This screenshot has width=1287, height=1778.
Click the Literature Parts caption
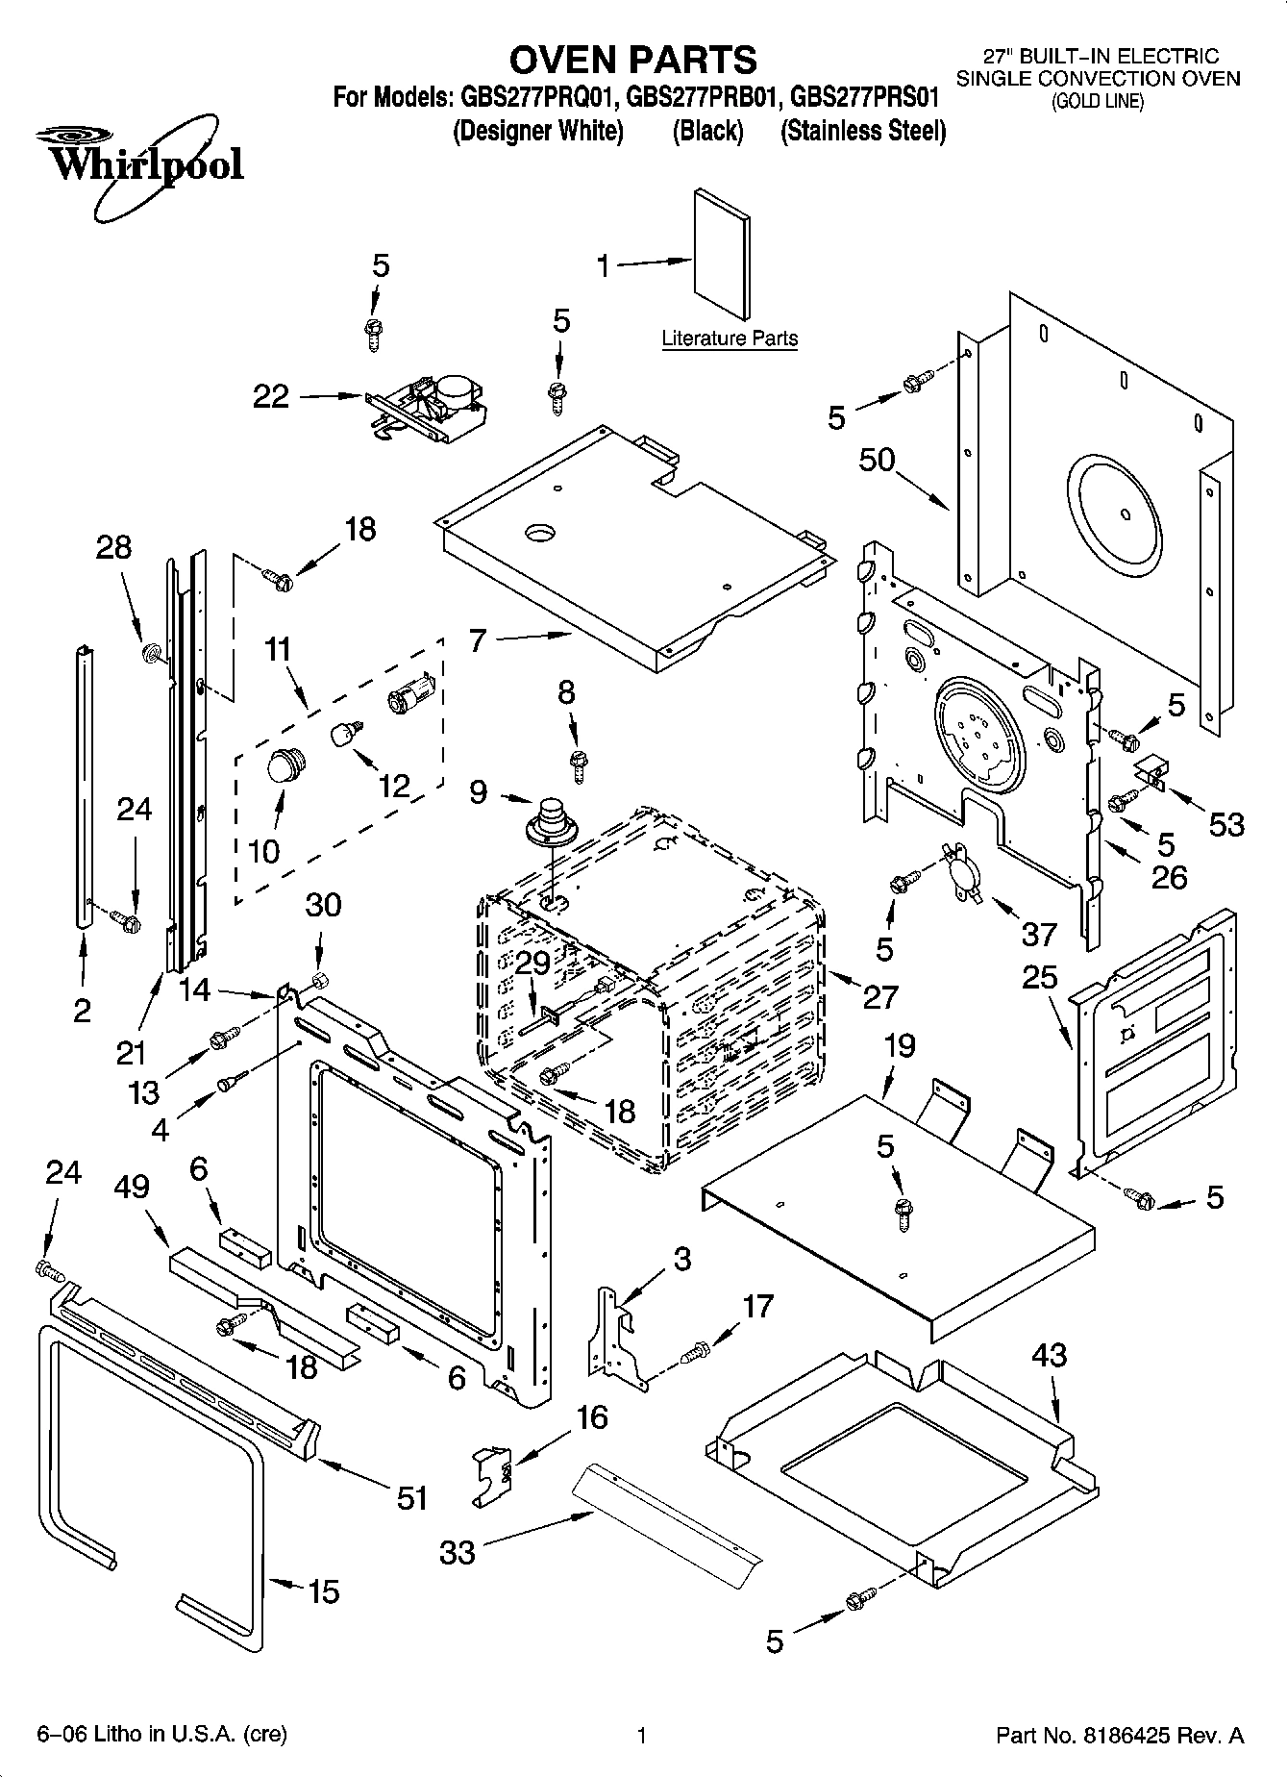[730, 338]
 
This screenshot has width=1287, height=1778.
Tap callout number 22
[271, 396]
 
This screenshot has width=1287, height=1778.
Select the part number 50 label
[877, 461]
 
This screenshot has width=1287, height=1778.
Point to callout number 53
[1225, 824]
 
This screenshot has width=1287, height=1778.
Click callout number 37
[1038, 934]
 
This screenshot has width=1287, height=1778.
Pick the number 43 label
[1049, 1355]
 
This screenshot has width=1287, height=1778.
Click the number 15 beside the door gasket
[324, 1591]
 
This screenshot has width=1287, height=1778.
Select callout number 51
[412, 1497]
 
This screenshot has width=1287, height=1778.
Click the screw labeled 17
[694, 1354]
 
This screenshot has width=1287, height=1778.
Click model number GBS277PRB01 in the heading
[704, 97]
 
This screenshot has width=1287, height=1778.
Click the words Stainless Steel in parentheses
[863, 131]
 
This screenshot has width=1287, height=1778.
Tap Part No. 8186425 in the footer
[1120, 1736]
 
